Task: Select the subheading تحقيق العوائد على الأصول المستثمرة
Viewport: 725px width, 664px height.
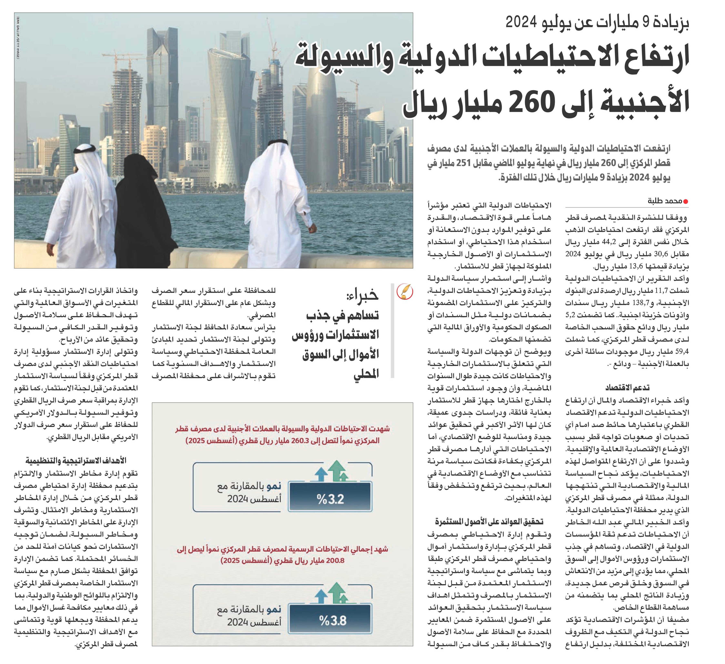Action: [489, 521]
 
